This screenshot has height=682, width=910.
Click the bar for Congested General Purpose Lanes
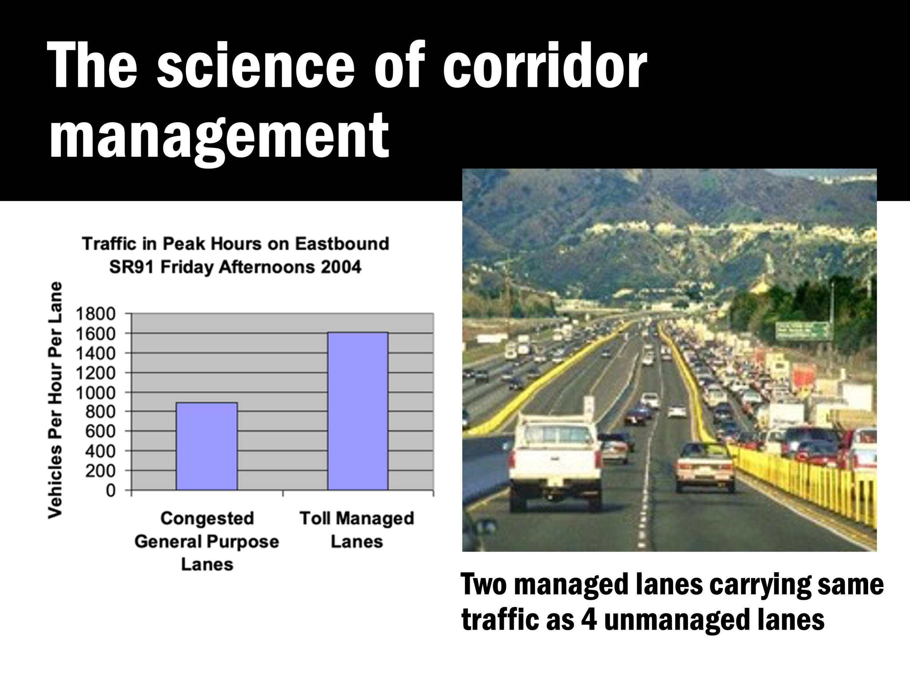pos(206,446)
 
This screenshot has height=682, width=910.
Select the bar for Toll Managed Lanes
pos(357,411)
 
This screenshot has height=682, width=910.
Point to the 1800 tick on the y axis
pos(95,314)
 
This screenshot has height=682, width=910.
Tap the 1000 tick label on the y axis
pos(95,393)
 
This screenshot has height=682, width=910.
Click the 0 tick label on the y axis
pos(110,490)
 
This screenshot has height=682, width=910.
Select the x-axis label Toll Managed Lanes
pos(357,530)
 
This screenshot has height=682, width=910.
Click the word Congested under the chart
pos(207,518)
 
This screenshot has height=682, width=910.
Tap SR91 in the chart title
pos(131,267)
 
